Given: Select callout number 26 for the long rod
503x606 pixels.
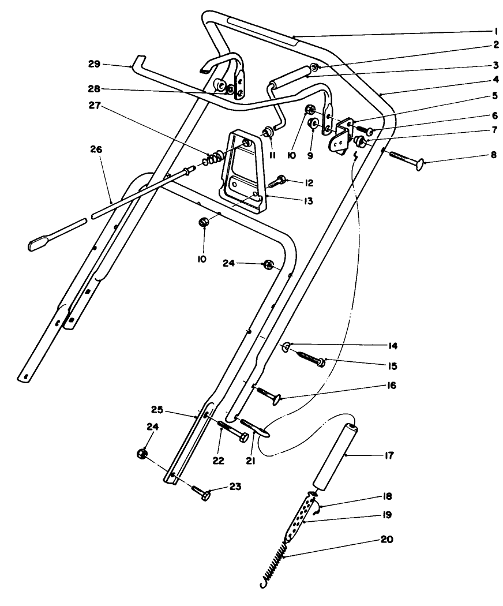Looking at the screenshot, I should [x=96, y=149].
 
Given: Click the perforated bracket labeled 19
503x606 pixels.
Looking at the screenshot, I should [x=302, y=513].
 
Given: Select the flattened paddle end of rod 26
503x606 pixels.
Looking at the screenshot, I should [x=40, y=243].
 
